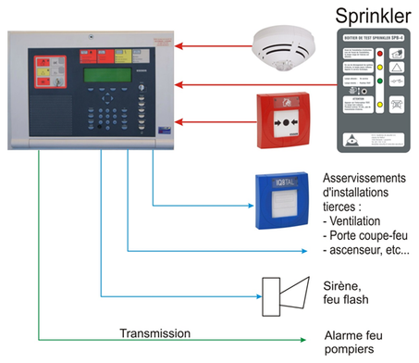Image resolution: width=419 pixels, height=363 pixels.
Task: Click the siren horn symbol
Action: point(281,293)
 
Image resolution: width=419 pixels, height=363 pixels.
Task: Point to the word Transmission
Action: point(154,332)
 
